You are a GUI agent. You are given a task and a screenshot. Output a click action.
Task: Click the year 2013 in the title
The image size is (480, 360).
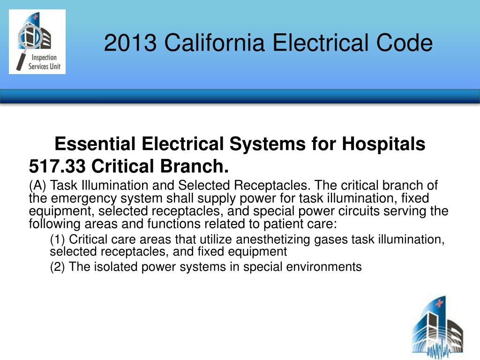[130, 43]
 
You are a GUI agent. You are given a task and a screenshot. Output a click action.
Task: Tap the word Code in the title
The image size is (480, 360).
[405, 42]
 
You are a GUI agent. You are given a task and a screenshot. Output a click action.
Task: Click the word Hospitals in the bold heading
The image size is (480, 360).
[383, 143]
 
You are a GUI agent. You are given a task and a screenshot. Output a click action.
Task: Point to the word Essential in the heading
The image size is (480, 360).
[95, 143]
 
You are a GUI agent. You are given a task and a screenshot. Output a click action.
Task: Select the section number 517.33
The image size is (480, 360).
[57, 166]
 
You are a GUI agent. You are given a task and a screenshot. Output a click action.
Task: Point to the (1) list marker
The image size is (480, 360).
[57, 240]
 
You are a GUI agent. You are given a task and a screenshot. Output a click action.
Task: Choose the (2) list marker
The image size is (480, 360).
[57, 267]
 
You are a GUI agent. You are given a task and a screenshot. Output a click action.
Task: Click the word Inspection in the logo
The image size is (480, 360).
[44, 58]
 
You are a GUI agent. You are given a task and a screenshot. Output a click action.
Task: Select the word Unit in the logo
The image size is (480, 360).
[55, 66]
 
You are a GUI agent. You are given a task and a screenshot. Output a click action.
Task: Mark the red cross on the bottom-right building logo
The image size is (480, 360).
[439, 303]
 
